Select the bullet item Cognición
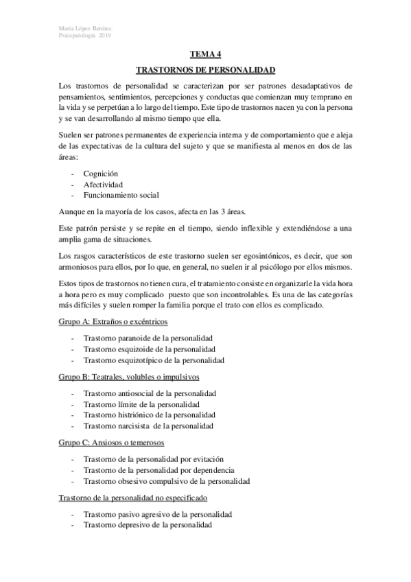pyautogui.click(x=101, y=174)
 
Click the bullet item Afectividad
pyautogui.click(x=103, y=185)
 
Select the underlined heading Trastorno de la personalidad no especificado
pyautogui.click(x=132, y=497)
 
